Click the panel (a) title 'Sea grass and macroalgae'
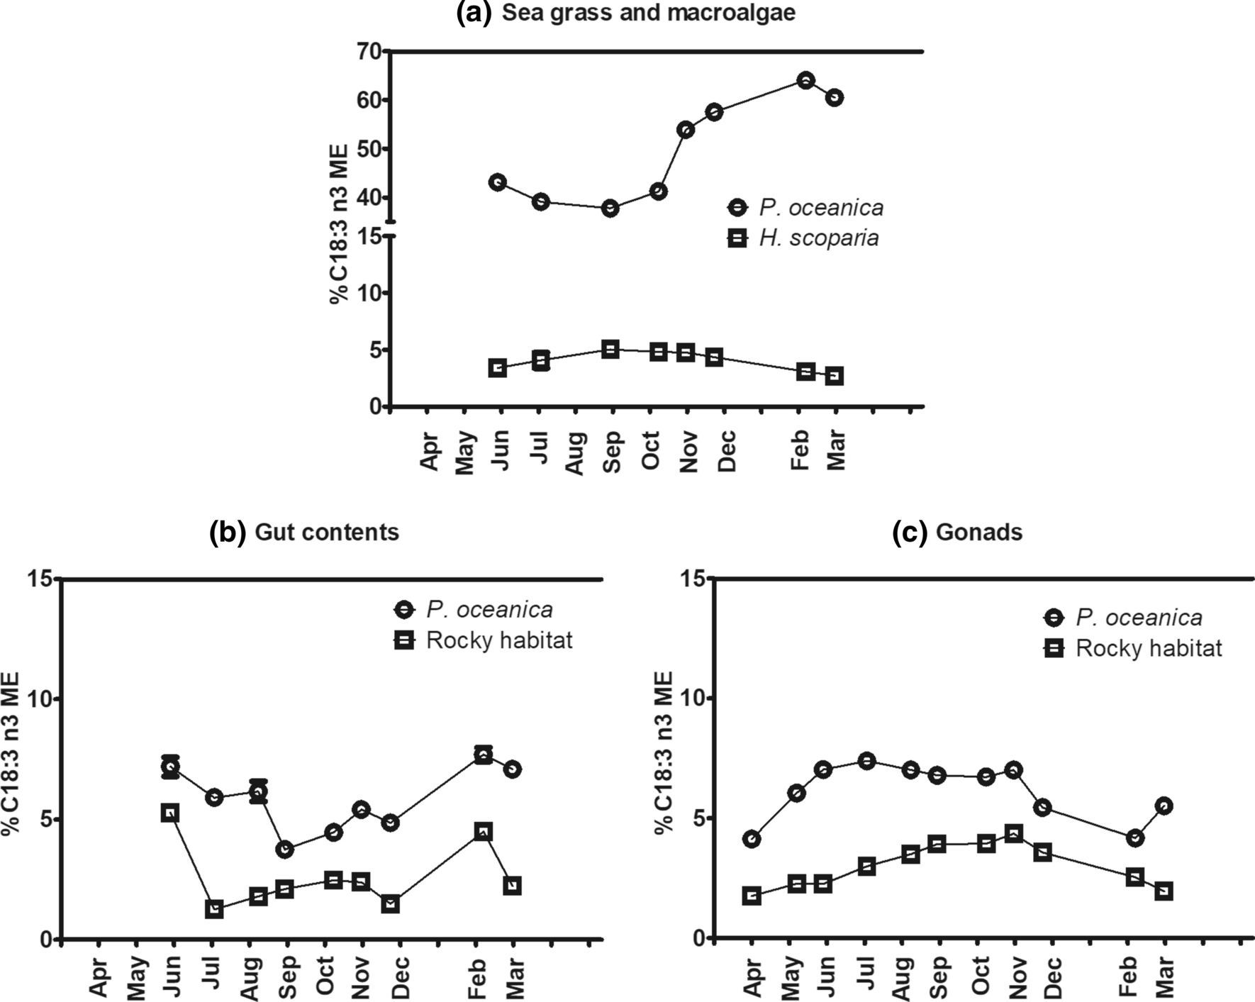coord(648,13)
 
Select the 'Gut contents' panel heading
coord(326,532)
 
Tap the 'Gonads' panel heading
coord(978,532)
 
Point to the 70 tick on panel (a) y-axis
coord(370,51)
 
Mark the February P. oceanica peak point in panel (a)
coord(805,80)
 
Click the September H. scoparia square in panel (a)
coord(610,349)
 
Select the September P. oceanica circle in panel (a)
coord(610,208)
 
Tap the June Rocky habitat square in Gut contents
coord(170,813)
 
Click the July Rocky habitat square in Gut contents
coord(214,909)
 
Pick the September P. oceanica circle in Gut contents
coord(285,850)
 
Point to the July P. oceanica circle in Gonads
coord(866,761)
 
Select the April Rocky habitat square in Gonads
coord(752,896)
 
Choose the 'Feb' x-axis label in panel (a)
coord(800,450)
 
